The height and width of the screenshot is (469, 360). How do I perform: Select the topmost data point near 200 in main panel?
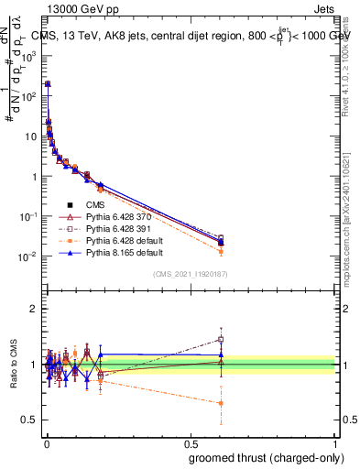pyautogui.click(x=48, y=83)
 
